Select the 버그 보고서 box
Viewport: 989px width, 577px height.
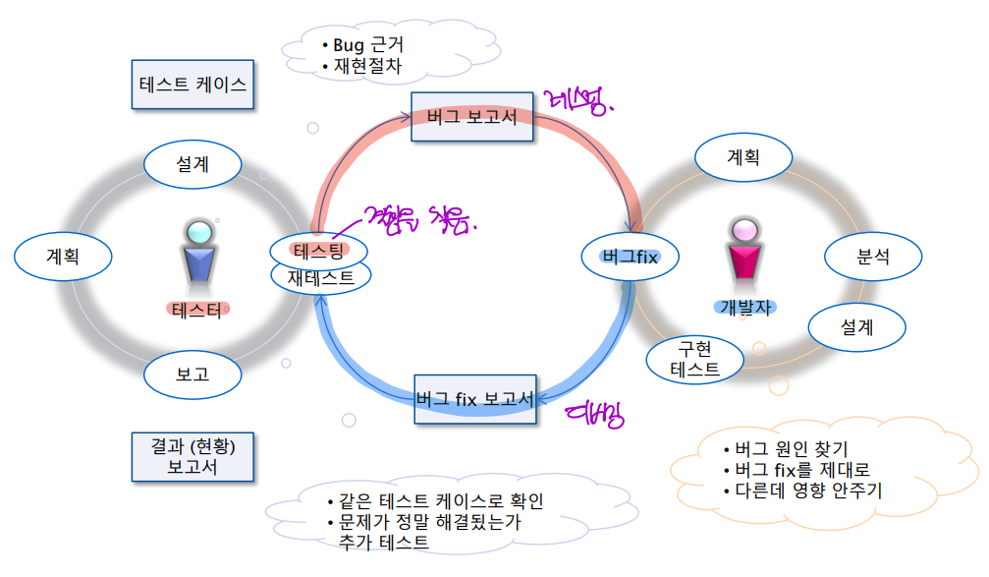471,117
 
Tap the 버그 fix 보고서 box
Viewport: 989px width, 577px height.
475,399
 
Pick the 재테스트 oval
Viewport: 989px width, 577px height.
321,277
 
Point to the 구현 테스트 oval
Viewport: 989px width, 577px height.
694,359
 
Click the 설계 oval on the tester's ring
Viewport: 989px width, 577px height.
192,164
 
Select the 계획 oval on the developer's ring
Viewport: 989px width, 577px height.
742,157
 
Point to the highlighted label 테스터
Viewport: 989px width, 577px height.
196,311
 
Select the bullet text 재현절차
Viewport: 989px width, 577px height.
368,67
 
